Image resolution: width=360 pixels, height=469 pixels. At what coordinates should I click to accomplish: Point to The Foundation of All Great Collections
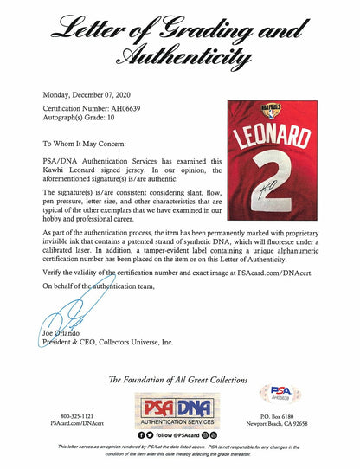[x=180, y=379]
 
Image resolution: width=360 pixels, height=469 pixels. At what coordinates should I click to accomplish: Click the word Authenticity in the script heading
[x=180, y=59]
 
